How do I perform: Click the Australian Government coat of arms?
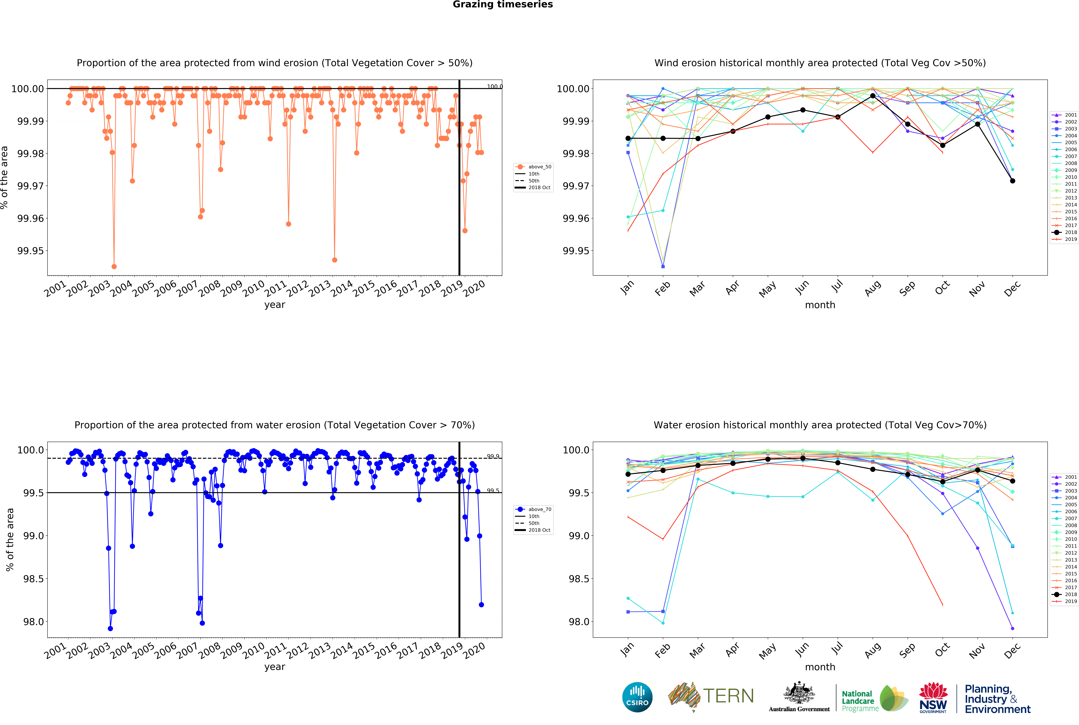point(799,694)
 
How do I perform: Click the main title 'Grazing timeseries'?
point(502,5)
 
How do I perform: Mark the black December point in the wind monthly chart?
point(1012,181)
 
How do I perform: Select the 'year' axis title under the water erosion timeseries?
point(275,667)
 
